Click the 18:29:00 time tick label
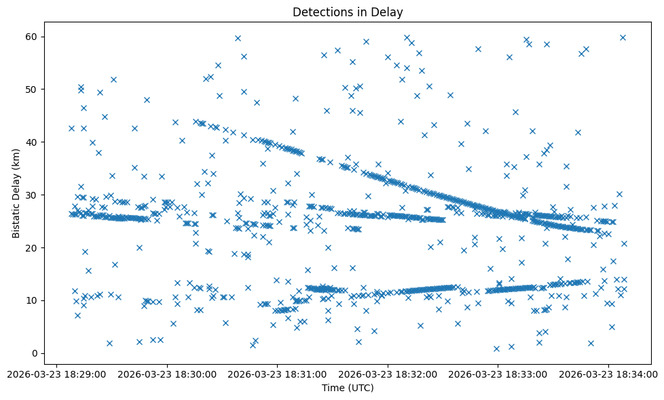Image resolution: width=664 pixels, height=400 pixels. (x=56, y=374)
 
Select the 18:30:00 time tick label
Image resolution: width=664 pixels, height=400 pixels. (x=167, y=374)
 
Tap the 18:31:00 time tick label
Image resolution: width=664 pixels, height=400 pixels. (x=277, y=374)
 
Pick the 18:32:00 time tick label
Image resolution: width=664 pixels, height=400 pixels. (x=388, y=374)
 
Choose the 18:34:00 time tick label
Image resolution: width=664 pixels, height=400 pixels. (x=608, y=374)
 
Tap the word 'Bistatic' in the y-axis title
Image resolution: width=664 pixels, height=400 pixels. (x=16, y=218)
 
